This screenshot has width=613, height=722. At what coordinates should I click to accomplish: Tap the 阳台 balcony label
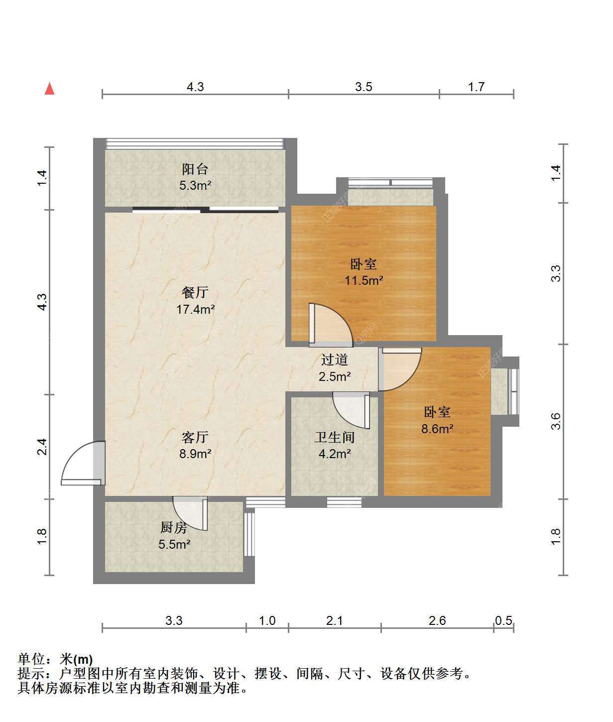coord(195,169)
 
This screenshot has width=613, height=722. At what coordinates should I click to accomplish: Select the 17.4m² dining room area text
coord(195,309)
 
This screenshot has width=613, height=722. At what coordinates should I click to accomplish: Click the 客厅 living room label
coord(195,437)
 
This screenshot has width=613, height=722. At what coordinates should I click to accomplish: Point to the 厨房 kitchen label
coord(174,527)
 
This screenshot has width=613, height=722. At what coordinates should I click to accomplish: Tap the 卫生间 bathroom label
coord(335,437)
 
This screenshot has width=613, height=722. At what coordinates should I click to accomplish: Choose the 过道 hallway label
coord(335,360)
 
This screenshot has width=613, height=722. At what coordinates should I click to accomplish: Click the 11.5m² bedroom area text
coord(364,280)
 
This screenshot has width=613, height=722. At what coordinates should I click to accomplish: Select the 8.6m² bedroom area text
coord(437,428)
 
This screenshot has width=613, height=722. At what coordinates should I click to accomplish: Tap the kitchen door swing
coord(190,513)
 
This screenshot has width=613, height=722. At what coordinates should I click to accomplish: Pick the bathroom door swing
coord(351,410)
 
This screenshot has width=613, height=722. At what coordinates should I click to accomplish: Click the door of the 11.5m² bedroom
coord(331,325)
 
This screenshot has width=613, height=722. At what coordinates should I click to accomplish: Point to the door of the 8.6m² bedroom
coord(400,369)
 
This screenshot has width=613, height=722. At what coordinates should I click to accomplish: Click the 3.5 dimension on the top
coord(364,87)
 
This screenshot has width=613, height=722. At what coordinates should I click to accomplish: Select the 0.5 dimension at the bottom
coord(503,620)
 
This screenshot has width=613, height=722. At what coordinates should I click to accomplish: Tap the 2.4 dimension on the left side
coord(42,447)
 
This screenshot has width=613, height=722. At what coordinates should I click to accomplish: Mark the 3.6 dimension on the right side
coord(556,421)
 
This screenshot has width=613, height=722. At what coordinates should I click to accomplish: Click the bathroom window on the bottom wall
coord(344,502)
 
